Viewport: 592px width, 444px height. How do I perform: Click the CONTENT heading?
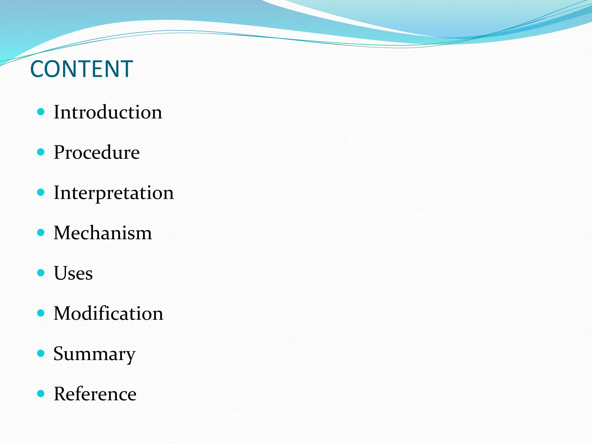[x=82, y=69]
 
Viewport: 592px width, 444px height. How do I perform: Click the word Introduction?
[x=108, y=112]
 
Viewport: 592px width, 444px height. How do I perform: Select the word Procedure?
[x=97, y=152]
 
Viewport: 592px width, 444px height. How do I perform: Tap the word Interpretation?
[x=114, y=193]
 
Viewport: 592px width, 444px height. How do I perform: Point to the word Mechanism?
[x=103, y=233]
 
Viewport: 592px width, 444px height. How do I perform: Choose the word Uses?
[x=73, y=273]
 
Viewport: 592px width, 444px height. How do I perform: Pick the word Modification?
[x=108, y=313]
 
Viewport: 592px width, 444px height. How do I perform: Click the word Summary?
[x=94, y=354]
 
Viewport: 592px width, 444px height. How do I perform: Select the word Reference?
[x=95, y=394]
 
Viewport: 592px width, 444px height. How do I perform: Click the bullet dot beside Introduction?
[x=41, y=112]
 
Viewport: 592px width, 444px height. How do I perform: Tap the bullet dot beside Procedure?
[x=41, y=152]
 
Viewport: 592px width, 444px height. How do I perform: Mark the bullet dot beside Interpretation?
[x=41, y=192]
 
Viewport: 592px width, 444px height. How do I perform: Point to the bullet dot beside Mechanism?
[x=41, y=232]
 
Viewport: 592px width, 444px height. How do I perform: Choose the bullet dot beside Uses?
[x=41, y=273]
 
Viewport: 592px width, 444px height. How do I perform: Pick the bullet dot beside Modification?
[x=41, y=313]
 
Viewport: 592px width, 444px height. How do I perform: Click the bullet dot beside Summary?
[x=41, y=353]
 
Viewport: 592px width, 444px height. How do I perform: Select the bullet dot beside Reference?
[x=41, y=393]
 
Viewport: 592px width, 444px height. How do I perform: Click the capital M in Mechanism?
[x=62, y=233]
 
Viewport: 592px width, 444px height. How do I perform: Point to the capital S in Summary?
[x=59, y=353]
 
